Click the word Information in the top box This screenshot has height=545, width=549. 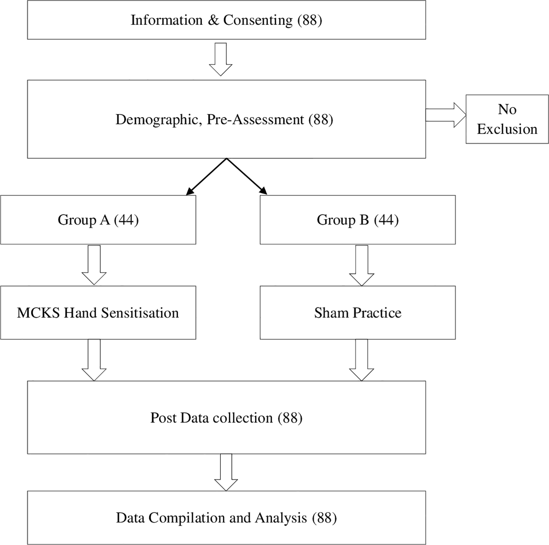pyautogui.click(x=167, y=20)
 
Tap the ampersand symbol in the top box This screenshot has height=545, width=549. pyautogui.click(x=213, y=20)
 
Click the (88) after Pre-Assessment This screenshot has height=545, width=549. pyautogui.click(x=321, y=119)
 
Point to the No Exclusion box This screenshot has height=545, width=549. pyautogui.click(x=507, y=119)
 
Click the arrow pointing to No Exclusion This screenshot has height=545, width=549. pyautogui.click(x=446, y=115)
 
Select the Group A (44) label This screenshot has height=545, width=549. pyautogui.click(x=98, y=220)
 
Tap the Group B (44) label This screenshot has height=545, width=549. pyautogui.click(x=358, y=220)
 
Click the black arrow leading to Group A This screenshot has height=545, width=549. pyautogui.click(x=206, y=177)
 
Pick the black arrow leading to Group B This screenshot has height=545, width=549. pyautogui.click(x=247, y=177)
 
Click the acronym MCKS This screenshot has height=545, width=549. pyautogui.click(x=38, y=313)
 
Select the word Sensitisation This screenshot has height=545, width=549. pyautogui.click(x=140, y=313)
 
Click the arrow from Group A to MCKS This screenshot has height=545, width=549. pyautogui.click(x=94, y=265)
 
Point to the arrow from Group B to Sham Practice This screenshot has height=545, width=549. pyautogui.click(x=361, y=266)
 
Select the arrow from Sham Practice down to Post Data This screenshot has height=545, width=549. pyautogui.click(x=361, y=360)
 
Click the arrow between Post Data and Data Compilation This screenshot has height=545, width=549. pyautogui.click(x=226, y=472)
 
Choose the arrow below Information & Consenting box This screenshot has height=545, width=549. pyautogui.click(x=220, y=59)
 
